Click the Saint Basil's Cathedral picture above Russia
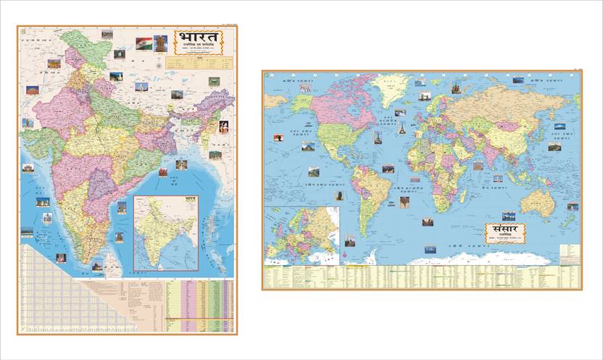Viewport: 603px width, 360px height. [457, 88]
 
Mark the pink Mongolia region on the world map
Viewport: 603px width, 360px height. [510, 125]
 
